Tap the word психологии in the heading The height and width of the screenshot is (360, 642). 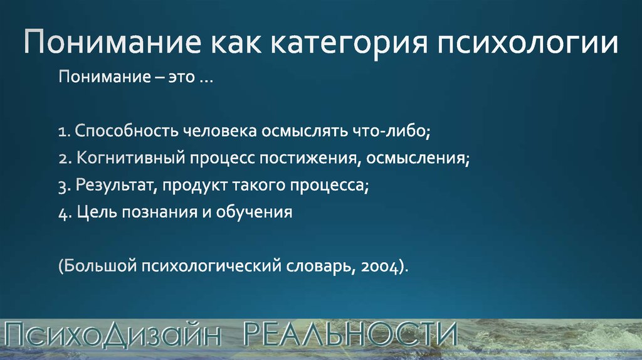[x=527, y=43]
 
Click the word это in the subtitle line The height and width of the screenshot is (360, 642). [x=181, y=77]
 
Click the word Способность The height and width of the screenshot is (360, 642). [x=127, y=131]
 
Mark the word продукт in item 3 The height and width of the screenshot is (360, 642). [x=195, y=186]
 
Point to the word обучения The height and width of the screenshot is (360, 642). [x=255, y=212]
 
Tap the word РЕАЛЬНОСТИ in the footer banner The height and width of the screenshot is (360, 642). [x=350, y=334]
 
